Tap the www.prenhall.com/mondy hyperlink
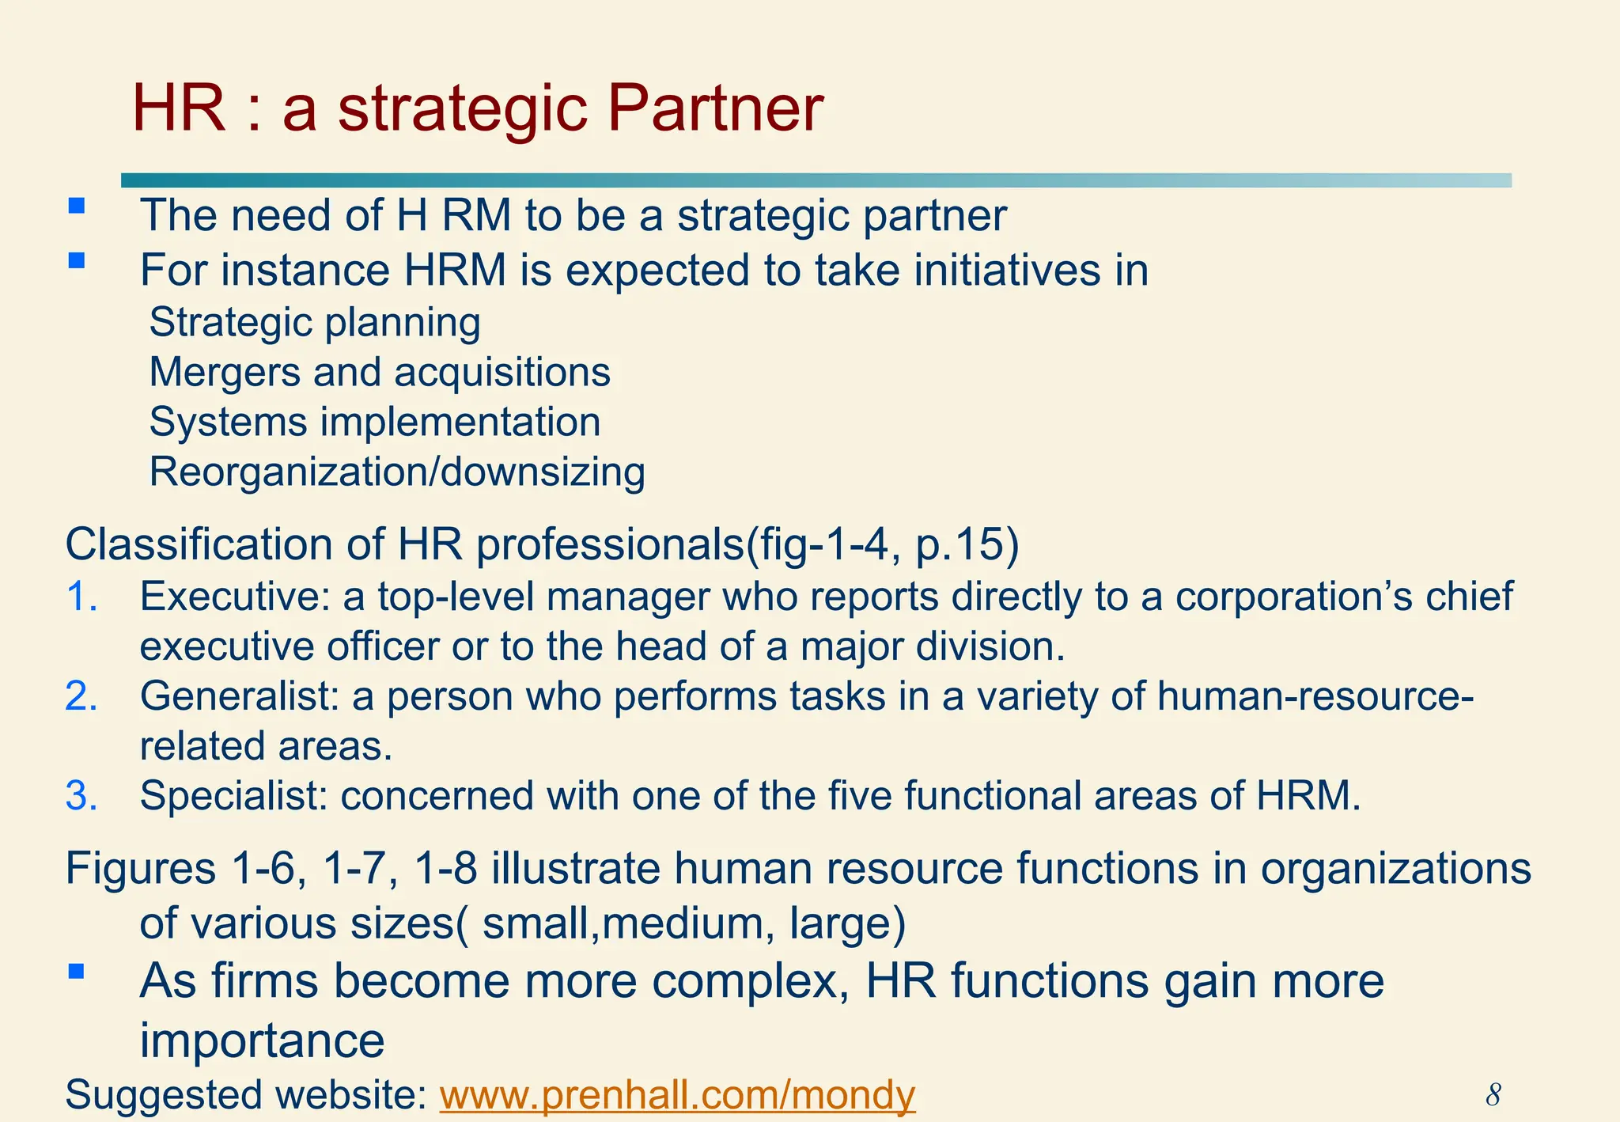(677, 1096)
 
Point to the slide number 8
(1493, 1095)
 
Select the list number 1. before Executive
(81, 597)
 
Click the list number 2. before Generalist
(81, 696)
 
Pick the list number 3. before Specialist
(81, 796)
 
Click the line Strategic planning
(315, 323)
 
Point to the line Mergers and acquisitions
(380, 373)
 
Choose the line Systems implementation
(375, 423)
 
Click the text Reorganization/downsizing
(397, 472)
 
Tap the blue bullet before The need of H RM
(77, 207)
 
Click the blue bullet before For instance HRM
(77, 261)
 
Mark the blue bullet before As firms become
(77, 972)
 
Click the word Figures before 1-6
(140, 868)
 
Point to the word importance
(262, 1040)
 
